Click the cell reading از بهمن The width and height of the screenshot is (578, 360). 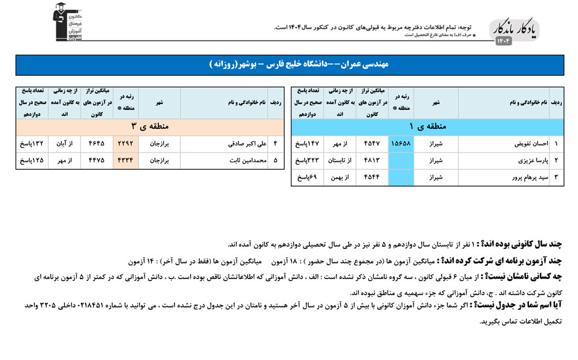340,177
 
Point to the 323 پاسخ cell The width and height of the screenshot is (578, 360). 306,161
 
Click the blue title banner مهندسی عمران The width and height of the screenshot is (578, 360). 289,65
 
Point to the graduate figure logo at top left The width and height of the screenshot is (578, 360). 65,23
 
